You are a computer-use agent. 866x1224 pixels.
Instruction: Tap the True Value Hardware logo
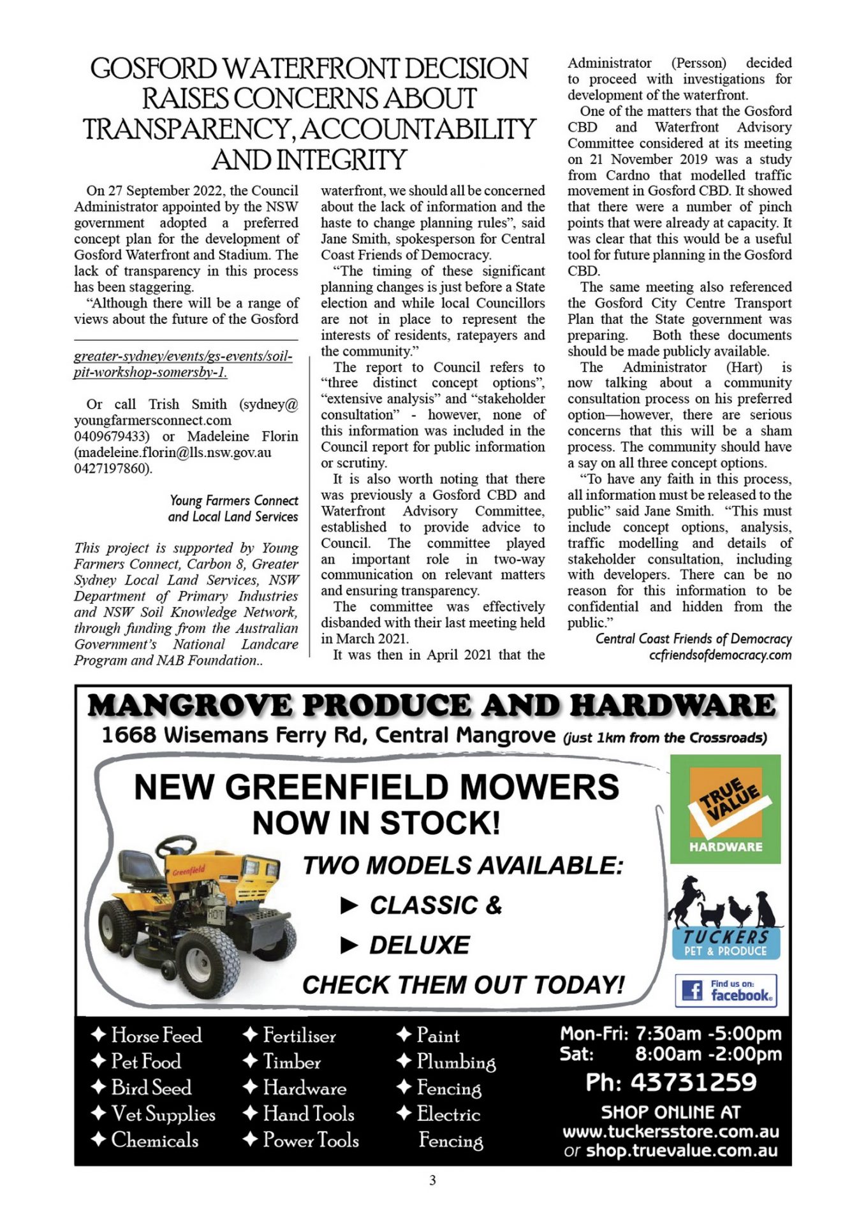click(725, 809)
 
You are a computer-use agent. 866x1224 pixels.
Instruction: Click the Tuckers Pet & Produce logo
click(725, 919)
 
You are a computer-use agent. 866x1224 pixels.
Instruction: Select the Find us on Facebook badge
click(726, 990)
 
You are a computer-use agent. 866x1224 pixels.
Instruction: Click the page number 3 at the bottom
click(432, 1181)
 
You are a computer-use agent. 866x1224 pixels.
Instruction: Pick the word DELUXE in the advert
click(419, 945)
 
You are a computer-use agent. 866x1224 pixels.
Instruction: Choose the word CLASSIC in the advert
click(423, 905)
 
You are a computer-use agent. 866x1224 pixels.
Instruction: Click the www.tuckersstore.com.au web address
click(670, 1132)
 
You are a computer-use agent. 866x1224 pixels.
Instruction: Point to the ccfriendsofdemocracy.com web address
click(720, 655)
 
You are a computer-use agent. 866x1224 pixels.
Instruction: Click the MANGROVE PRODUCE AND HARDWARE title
click(432, 706)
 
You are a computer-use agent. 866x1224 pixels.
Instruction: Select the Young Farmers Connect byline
click(234, 501)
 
